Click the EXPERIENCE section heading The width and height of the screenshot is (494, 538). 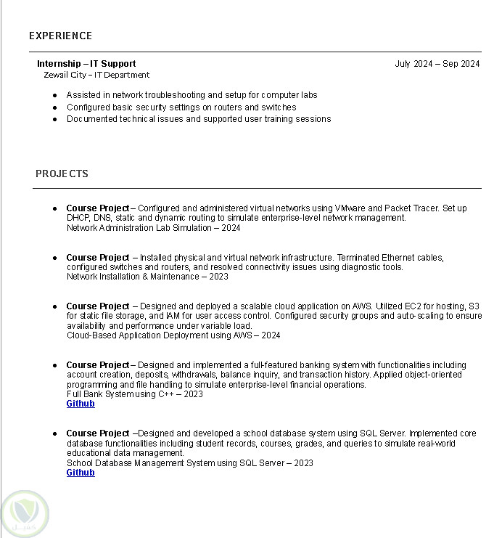[x=60, y=36]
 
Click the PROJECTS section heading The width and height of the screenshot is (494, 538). [x=62, y=174]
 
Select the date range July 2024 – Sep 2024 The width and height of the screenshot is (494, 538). [x=437, y=64]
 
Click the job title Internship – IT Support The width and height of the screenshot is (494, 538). [x=86, y=64]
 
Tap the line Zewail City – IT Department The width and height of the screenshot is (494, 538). [x=96, y=75]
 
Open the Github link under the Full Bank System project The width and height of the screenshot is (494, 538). [x=81, y=404]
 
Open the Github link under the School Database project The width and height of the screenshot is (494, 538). [x=81, y=473]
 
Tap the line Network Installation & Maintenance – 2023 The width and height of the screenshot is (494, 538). [x=147, y=277]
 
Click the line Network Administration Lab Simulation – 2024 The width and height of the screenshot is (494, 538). [x=153, y=228]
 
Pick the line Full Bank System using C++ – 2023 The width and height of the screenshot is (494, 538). [x=135, y=394]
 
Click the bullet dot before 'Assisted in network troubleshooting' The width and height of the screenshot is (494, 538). [x=55, y=95]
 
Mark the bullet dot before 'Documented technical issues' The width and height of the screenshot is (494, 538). [x=55, y=119]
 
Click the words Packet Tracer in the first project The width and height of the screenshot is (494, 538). [x=412, y=208]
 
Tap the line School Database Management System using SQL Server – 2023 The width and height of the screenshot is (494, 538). [x=189, y=463]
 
